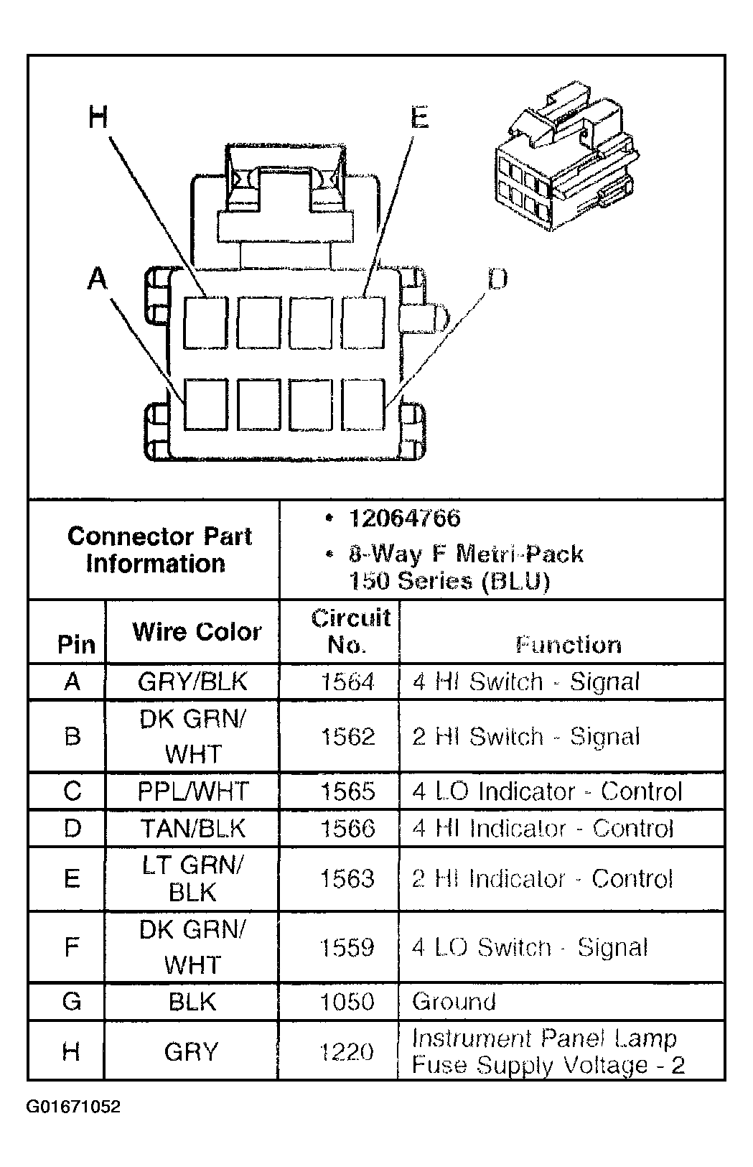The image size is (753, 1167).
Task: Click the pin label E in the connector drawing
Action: pyautogui.click(x=420, y=117)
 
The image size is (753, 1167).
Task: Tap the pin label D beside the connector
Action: pyautogui.click(x=497, y=279)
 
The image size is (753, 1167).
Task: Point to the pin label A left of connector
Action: pyautogui.click(x=97, y=278)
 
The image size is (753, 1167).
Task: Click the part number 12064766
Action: pyautogui.click(x=405, y=518)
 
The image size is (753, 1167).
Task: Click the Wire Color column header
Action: pyautogui.click(x=196, y=632)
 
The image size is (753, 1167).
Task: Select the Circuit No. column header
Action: pyautogui.click(x=350, y=631)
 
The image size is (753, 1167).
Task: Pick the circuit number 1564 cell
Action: pyautogui.click(x=347, y=682)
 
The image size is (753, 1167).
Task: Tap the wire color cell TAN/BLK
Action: pyautogui.click(x=192, y=829)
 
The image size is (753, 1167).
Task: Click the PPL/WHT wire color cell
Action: pyautogui.click(x=192, y=791)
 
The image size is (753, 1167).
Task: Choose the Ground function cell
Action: pyautogui.click(x=454, y=1001)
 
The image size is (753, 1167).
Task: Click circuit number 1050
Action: pyautogui.click(x=347, y=1001)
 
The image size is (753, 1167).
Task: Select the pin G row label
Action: pyautogui.click(x=72, y=1001)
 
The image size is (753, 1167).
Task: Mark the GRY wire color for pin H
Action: pyautogui.click(x=191, y=1052)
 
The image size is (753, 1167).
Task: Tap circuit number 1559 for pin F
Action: pyautogui.click(x=347, y=947)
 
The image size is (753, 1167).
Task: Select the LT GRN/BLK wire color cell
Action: pyautogui.click(x=192, y=878)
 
